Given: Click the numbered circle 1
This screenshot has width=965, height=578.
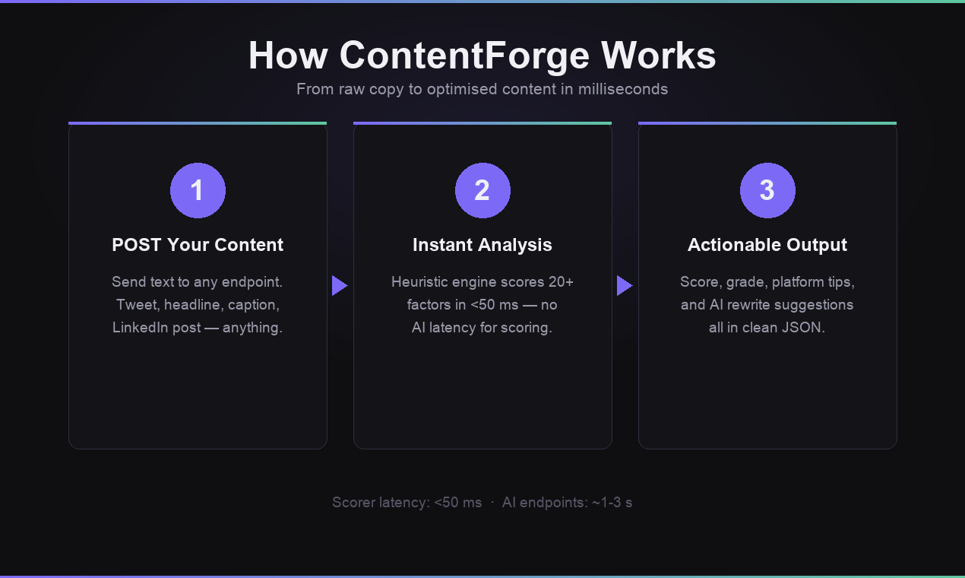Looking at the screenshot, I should [x=198, y=190].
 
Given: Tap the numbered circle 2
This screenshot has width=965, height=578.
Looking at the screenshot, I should [x=482, y=190].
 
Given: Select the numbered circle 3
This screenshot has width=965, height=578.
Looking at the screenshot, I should [x=767, y=190].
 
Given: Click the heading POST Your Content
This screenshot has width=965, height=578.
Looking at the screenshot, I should [x=198, y=245].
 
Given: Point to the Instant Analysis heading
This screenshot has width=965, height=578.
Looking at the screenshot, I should [x=482, y=245].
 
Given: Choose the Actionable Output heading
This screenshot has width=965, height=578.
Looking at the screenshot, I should [x=767, y=245].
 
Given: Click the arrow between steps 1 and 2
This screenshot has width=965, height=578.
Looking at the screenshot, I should [x=339, y=286].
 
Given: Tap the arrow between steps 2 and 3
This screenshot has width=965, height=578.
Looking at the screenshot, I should [x=624, y=286].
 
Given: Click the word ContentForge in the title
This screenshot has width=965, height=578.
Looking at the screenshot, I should [x=464, y=56].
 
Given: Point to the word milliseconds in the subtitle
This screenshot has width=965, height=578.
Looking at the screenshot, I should [x=622, y=89].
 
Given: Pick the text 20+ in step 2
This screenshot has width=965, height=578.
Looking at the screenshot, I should [x=561, y=282].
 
